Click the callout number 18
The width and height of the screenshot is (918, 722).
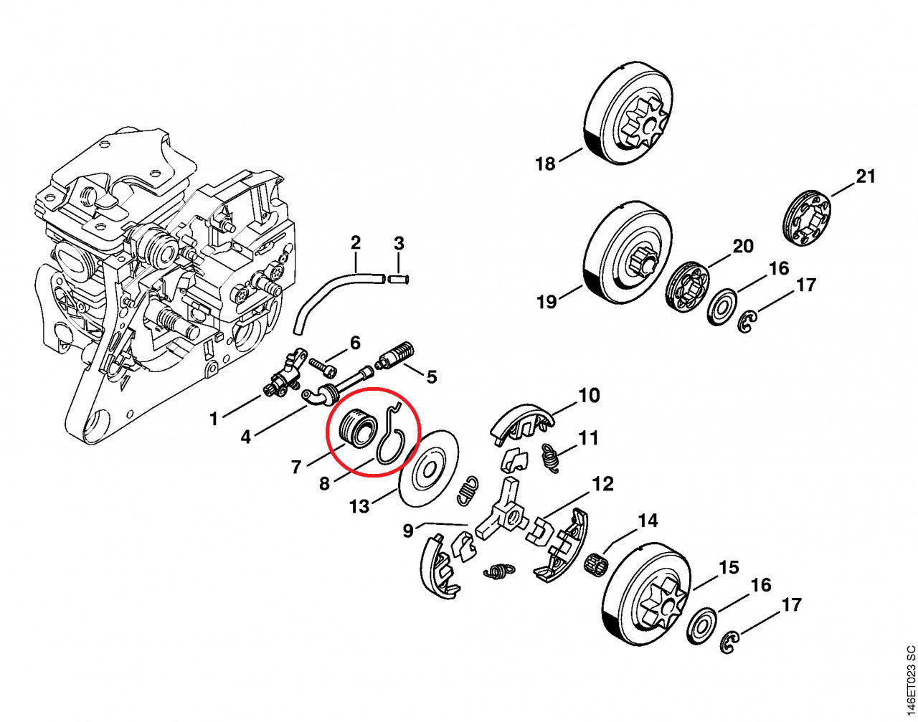click(545, 164)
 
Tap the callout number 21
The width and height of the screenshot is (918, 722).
click(866, 176)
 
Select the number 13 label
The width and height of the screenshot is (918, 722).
click(359, 507)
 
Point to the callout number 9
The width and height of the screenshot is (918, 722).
click(408, 531)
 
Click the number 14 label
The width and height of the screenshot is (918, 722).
click(648, 521)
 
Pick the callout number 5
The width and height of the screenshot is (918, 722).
click(432, 376)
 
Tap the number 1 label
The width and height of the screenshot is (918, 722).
click(213, 419)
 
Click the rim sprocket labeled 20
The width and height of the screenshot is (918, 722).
click(685, 286)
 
